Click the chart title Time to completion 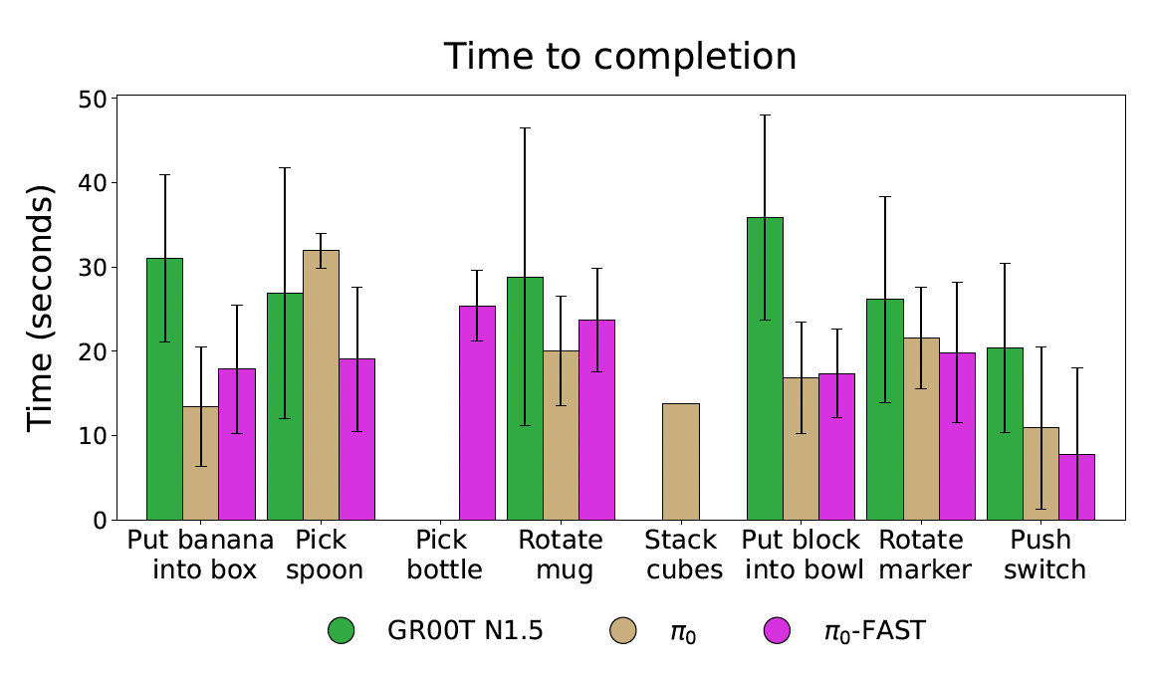(619, 57)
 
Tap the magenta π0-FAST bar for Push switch (1076, 487)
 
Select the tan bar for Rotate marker (921, 428)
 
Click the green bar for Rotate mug (525, 398)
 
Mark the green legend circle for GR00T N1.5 (342, 630)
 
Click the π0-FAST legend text (863, 630)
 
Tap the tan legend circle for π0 (621, 630)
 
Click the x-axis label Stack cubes (681, 556)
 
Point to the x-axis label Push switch (1041, 556)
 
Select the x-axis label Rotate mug (561, 556)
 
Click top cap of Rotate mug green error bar (525, 128)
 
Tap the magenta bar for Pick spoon (356, 439)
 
